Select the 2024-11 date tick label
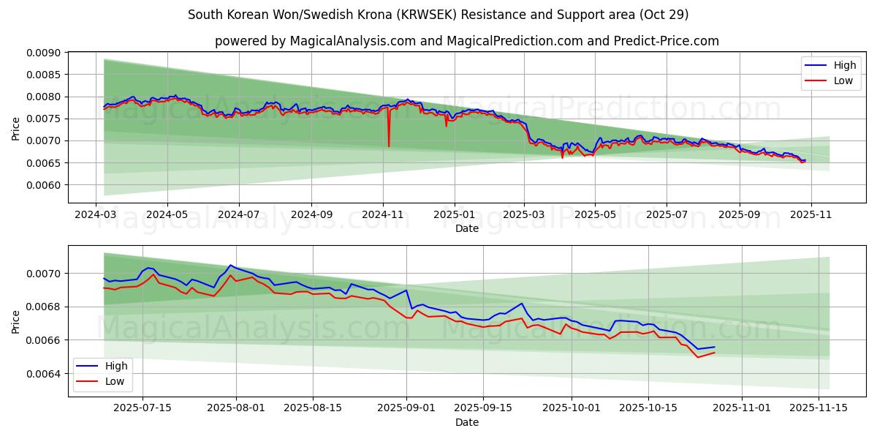click(x=383, y=216)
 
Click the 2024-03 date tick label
click(x=96, y=216)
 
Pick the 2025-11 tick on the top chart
click(x=810, y=216)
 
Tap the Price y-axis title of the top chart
click(x=16, y=129)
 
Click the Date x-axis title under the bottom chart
click(x=467, y=422)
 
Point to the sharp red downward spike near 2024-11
click(x=389, y=144)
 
